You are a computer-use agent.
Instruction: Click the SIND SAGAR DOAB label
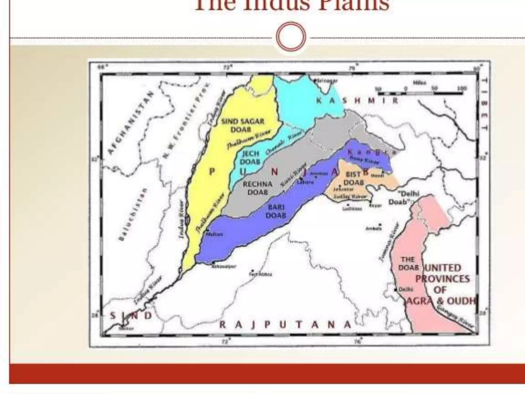click(242, 125)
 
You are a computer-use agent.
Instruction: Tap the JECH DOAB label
click(250, 158)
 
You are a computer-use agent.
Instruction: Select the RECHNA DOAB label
click(257, 188)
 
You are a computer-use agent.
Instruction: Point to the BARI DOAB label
click(276, 211)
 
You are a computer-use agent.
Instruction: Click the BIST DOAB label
click(354, 178)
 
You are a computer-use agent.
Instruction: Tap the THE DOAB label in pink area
click(408, 264)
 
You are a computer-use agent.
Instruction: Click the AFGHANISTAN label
click(130, 123)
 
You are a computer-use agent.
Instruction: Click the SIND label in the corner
click(131, 316)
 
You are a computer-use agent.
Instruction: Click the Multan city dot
click(207, 230)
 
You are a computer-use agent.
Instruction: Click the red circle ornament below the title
click(291, 36)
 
